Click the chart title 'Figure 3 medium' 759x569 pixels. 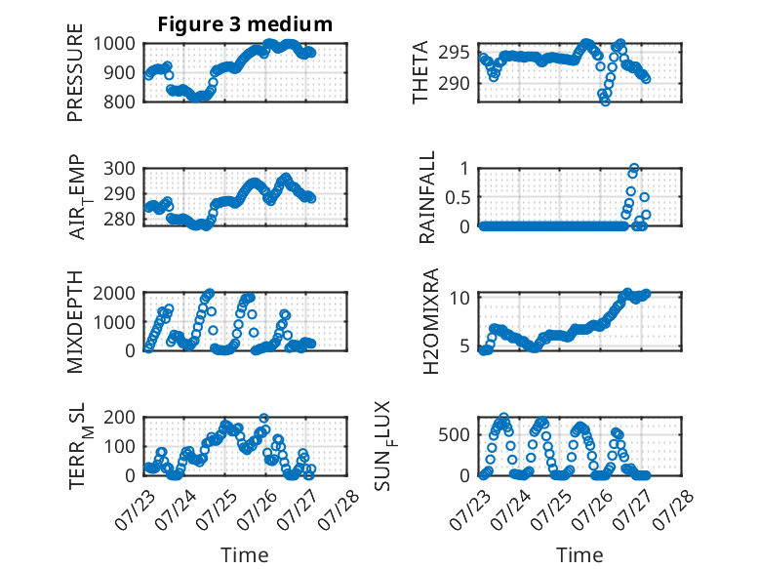(245, 24)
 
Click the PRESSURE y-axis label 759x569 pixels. (75, 72)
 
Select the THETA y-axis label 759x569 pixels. (420, 72)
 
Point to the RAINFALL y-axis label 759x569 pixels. (427, 197)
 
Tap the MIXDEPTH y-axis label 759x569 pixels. (75, 322)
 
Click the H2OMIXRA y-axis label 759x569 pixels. (430, 321)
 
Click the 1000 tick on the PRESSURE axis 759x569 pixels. (114, 44)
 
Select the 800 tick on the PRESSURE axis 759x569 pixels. (120, 102)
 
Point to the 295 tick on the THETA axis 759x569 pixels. (454, 53)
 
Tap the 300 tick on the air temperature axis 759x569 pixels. (120, 169)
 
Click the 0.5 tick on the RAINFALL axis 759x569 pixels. (458, 197)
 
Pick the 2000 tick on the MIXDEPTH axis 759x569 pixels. (114, 293)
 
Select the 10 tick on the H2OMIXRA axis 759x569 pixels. (459, 298)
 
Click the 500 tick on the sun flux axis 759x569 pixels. (454, 435)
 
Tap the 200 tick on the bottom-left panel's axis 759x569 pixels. (120, 418)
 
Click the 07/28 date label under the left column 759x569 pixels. (340, 509)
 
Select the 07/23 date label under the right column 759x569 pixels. (470, 509)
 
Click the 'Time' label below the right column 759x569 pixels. (579, 555)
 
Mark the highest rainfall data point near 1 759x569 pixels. (633, 169)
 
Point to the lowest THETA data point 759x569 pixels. (605, 102)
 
